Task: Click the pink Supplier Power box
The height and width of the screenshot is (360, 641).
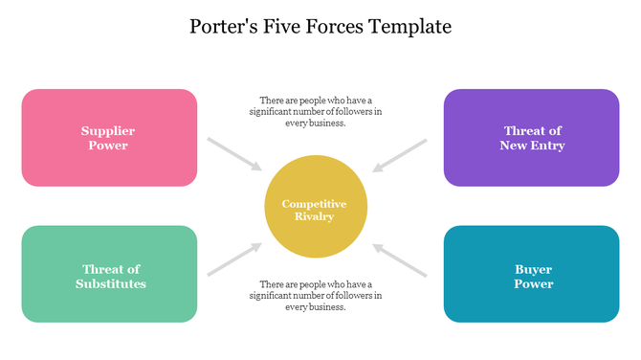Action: click(109, 137)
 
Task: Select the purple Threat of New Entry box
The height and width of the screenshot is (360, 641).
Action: click(531, 137)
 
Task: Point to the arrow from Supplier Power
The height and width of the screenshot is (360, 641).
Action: click(233, 154)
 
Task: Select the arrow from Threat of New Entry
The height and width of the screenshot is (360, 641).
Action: click(399, 154)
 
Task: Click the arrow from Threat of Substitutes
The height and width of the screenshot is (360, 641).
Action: click(233, 259)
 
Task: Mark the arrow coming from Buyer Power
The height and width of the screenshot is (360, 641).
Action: click(399, 259)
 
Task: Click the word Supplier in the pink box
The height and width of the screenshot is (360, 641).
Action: click(107, 130)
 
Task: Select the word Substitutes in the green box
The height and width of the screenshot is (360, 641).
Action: click(111, 283)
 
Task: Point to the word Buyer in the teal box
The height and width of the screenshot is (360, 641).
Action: click(533, 269)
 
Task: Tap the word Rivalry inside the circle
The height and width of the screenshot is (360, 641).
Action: click(315, 216)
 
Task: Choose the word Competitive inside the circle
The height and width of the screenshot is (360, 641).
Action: click(315, 204)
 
